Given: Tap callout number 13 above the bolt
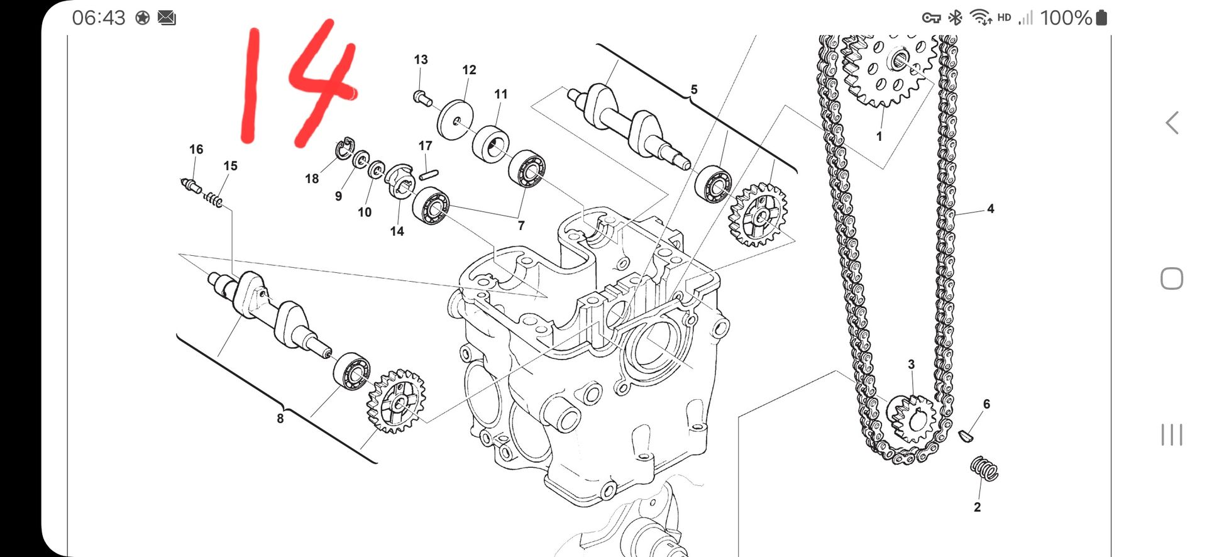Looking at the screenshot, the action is tap(421, 60).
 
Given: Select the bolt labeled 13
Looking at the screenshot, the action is tap(422, 97).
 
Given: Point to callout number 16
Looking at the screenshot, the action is tap(196, 150).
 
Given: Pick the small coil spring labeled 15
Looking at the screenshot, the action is tap(213, 200).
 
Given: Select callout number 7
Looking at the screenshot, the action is tap(521, 226).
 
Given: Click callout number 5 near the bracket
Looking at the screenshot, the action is tap(694, 90).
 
